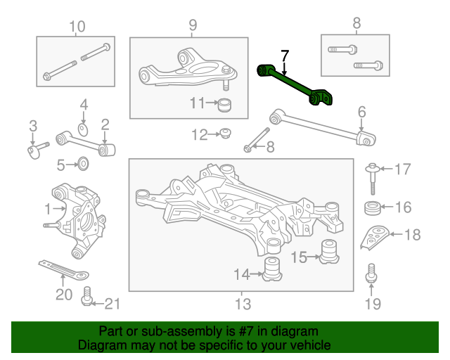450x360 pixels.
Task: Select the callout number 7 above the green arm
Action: click(x=284, y=56)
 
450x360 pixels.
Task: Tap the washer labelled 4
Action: click(x=83, y=130)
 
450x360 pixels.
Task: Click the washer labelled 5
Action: click(x=83, y=164)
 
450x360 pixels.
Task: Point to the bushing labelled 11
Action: click(x=224, y=105)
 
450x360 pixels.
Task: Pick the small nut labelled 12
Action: click(x=225, y=133)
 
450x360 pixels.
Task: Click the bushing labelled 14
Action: click(x=272, y=269)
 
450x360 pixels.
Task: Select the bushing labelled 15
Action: click(x=329, y=252)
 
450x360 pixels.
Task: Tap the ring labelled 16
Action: click(x=373, y=208)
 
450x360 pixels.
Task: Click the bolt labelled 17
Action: click(x=373, y=179)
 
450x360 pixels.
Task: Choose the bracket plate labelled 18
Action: click(x=374, y=237)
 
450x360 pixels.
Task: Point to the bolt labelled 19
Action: click(x=371, y=273)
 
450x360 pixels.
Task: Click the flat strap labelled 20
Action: click(x=64, y=269)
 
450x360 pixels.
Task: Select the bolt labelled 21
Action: click(x=86, y=296)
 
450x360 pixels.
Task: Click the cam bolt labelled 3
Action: click(x=37, y=150)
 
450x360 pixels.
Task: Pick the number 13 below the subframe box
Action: click(x=243, y=304)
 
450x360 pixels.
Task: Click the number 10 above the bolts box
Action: click(x=77, y=27)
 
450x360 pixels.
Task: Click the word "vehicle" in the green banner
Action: click(x=312, y=345)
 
